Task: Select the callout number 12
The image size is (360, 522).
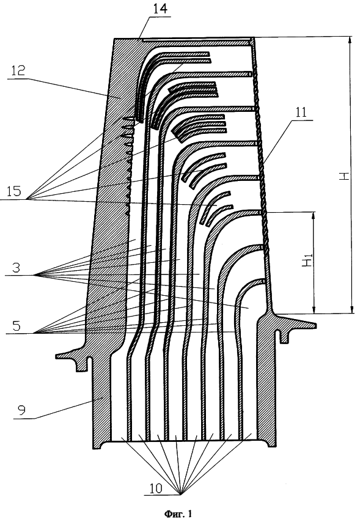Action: (18, 70)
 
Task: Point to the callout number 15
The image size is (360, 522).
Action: (13, 191)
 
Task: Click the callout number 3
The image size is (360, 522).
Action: (17, 268)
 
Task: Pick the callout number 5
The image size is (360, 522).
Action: (17, 326)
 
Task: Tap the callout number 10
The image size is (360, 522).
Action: (155, 488)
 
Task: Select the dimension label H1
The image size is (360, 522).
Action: (307, 259)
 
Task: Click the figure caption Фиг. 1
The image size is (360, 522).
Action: (178, 513)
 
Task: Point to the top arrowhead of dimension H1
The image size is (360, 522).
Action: (313, 216)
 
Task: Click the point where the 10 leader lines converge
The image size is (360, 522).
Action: (180, 494)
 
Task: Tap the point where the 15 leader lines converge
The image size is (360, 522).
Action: (28, 199)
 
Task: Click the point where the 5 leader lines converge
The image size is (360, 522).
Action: (36, 333)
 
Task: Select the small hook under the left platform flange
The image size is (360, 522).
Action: (82, 364)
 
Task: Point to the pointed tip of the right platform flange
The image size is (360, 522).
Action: (314, 323)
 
